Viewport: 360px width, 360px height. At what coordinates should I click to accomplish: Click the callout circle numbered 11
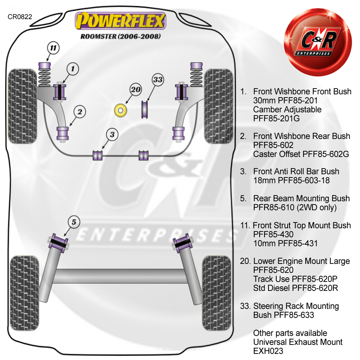[53, 48]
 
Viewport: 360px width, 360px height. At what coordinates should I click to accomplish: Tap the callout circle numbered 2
[80, 112]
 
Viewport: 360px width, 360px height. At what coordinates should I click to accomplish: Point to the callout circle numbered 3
[112, 135]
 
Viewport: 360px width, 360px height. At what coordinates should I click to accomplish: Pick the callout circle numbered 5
[73, 222]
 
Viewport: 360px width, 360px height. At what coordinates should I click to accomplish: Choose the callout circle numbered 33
[158, 80]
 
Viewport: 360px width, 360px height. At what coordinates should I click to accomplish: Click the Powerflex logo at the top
[120, 21]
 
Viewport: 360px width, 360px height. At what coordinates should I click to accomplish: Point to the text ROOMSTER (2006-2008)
[120, 36]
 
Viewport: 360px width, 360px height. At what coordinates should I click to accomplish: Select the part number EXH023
[268, 351]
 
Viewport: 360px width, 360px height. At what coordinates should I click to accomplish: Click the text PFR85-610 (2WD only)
[295, 207]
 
